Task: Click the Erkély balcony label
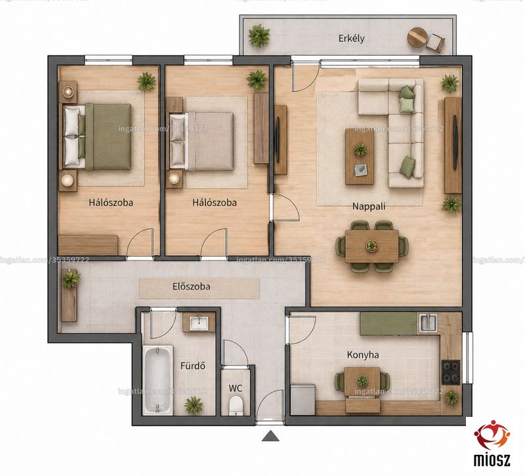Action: (351, 39)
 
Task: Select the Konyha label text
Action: (363, 355)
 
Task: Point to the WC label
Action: (236, 388)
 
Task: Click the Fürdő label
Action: (192, 366)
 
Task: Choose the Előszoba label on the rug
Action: (192, 287)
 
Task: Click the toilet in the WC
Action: (236, 404)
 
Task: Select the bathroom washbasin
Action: (199, 324)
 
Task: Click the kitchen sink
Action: (429, 322)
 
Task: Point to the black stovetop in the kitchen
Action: (451, 372)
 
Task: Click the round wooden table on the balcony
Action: (417, 37)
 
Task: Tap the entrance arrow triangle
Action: (270, 436)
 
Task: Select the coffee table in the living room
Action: (360, 156)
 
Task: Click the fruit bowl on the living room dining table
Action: (371, 246)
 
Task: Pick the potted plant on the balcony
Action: (259, 35)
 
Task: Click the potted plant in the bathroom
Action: (194, 404)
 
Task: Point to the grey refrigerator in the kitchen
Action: (303, 400)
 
